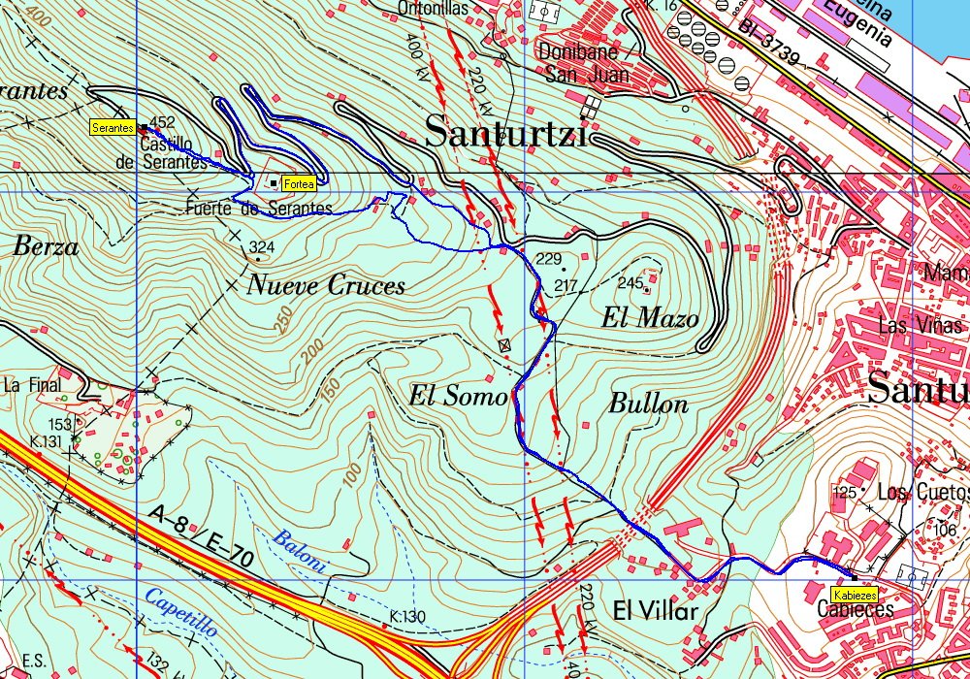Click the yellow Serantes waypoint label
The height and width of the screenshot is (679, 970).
click(x=113, y=128)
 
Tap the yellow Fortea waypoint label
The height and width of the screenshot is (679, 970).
click(x=298, y=183)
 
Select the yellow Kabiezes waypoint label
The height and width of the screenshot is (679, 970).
click(x=855, y=595)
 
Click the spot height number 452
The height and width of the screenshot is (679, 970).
click(x=162, y=122)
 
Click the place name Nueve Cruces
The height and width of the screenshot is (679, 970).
click(x=326, y=285)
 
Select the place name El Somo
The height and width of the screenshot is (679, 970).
click(x=458, y=396)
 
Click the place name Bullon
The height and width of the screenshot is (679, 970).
click(x=648, y=404)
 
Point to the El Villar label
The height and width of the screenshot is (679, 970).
click(x=656, y=611)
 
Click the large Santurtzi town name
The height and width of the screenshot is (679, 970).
click(x=506, y=132)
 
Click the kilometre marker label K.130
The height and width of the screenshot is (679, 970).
click(x=408, y=616)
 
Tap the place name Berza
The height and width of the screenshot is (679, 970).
click(x=46, y=247)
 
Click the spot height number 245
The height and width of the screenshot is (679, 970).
click(x=630, y=283)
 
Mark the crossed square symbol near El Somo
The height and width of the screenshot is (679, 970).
click(x=503, y=344)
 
